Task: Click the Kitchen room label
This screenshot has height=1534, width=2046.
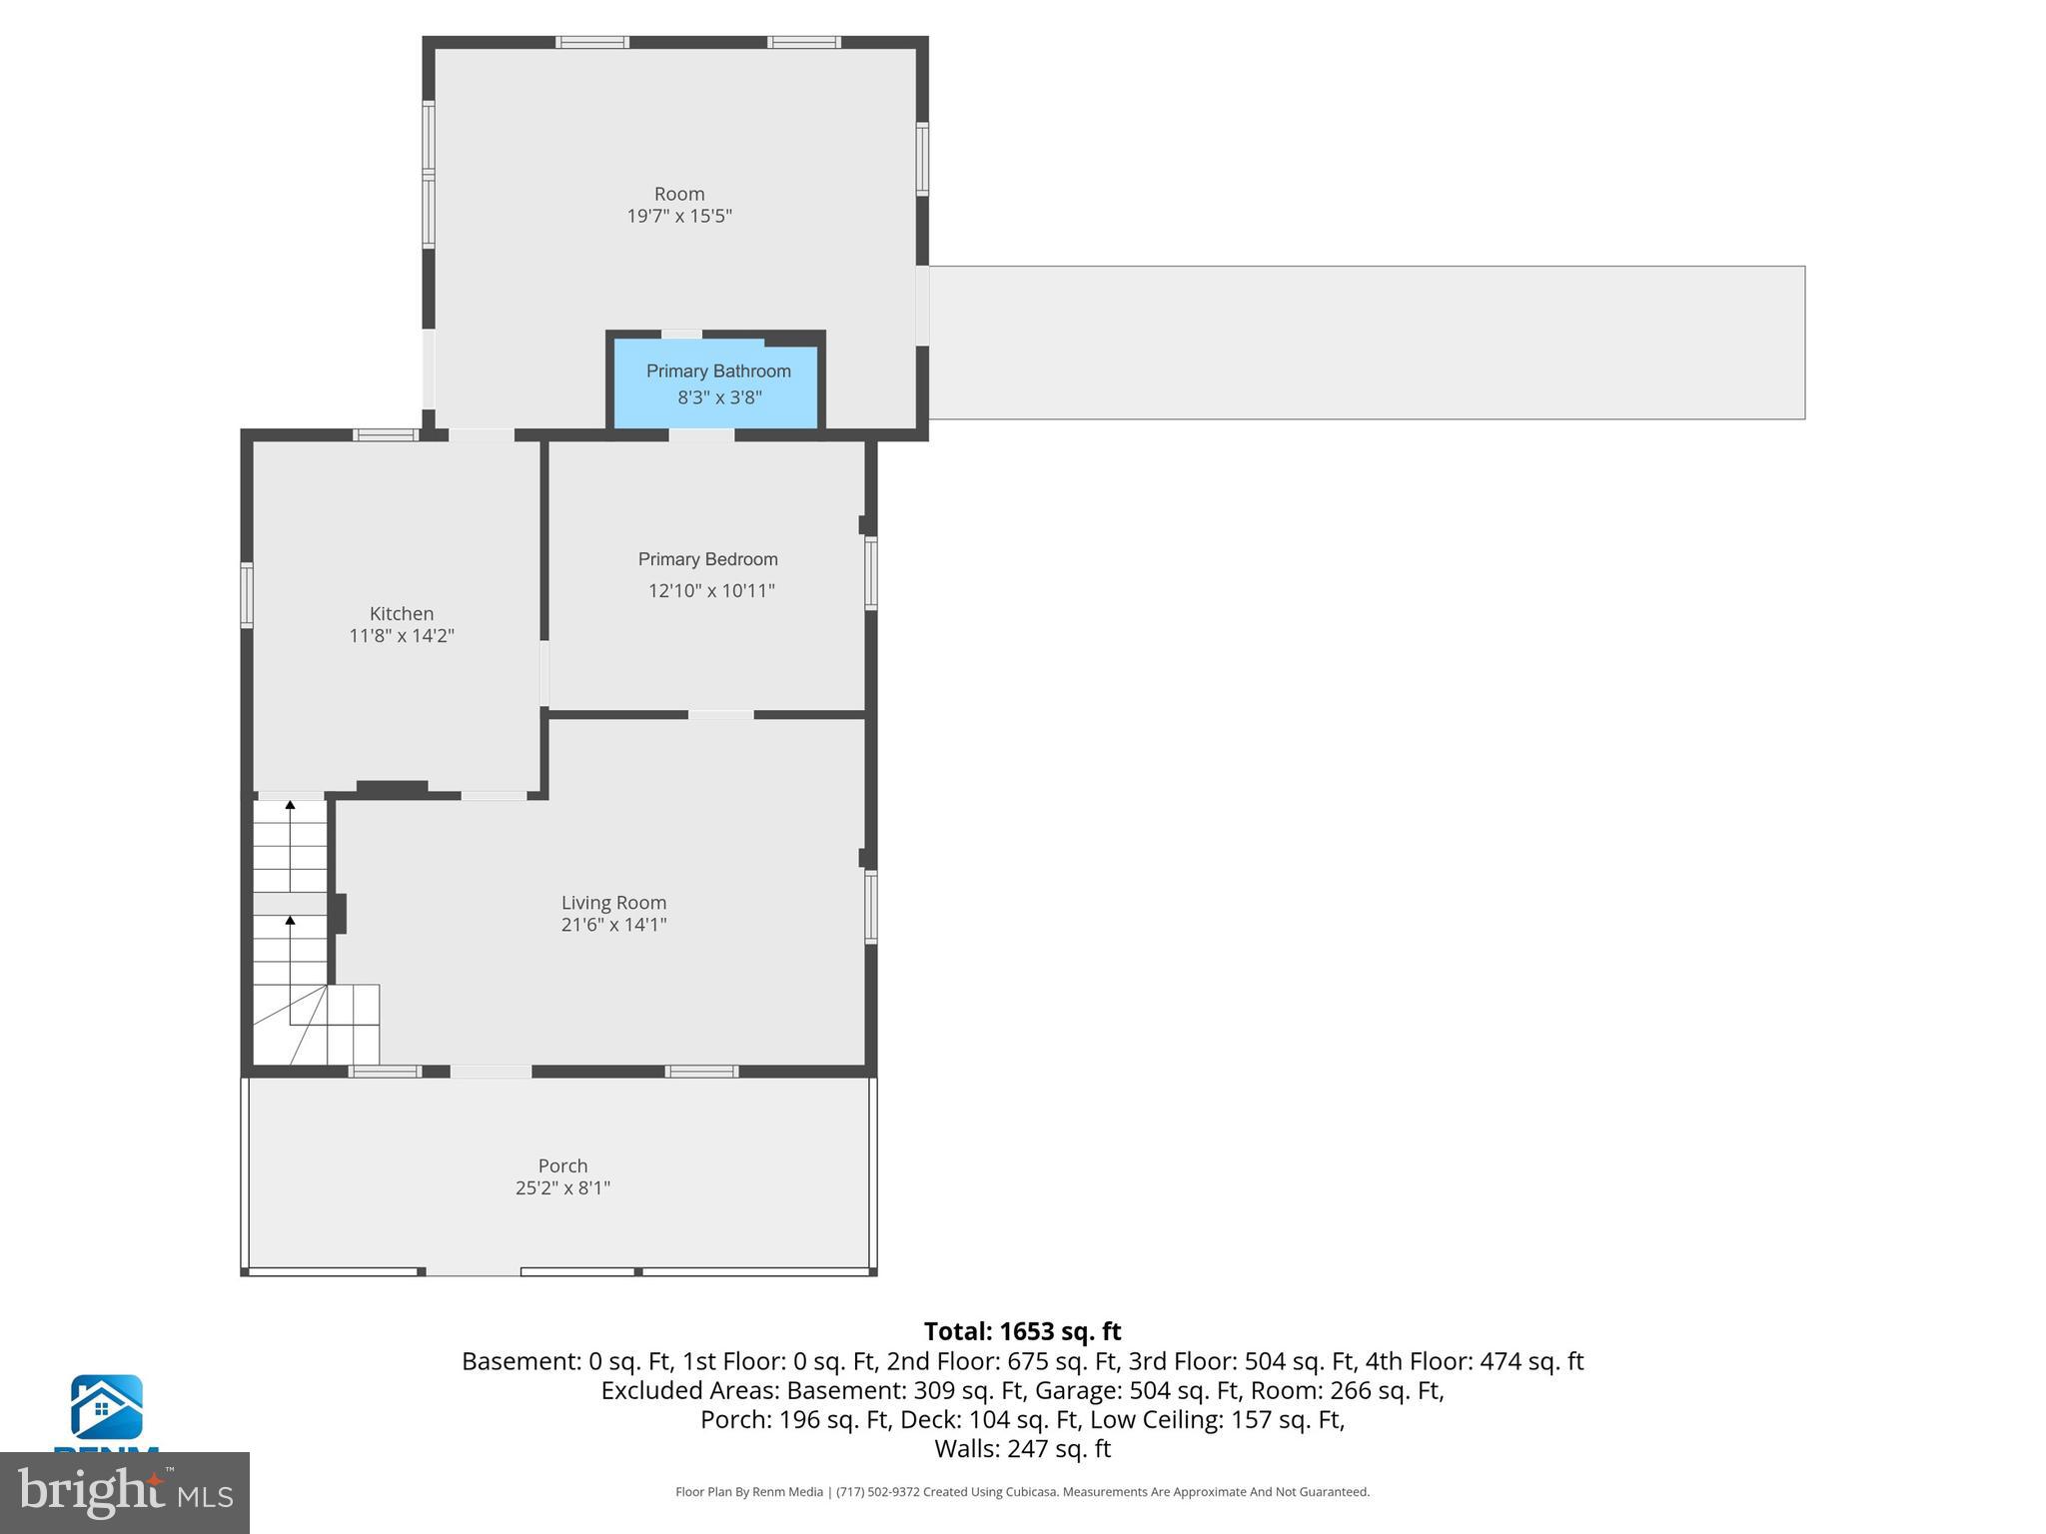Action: click(402, 613)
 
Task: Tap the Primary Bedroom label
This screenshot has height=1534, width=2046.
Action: click(707, 559)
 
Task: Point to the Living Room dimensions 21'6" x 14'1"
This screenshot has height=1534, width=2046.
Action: click(613, 925)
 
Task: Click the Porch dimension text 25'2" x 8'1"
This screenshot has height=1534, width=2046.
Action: click(562, 1188)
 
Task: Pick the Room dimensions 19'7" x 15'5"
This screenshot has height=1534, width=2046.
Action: click(679, 217)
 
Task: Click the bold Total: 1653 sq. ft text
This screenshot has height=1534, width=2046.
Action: click(1022, 1331)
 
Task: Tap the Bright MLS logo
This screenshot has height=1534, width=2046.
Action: click(125, 1492)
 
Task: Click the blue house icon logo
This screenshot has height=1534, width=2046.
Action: click(106, 1407)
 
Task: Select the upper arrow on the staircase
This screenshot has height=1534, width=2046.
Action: click(291, 805)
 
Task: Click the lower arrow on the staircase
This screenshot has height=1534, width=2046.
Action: click(291, 921)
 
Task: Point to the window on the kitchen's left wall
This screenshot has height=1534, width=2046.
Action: click(247, 595)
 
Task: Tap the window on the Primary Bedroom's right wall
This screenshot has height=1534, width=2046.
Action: click(870, 573)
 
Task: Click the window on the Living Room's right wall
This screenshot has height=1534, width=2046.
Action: click(870, 907)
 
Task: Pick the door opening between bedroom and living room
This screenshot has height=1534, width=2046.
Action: click(720, 715)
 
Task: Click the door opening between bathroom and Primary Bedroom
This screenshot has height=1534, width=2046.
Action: click(701, 435)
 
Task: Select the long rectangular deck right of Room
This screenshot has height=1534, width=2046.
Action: click(1366, 343)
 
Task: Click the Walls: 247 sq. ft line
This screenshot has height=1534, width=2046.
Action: click(1022, 1448)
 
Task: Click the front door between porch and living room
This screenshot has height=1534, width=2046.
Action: click(491, 1072)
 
